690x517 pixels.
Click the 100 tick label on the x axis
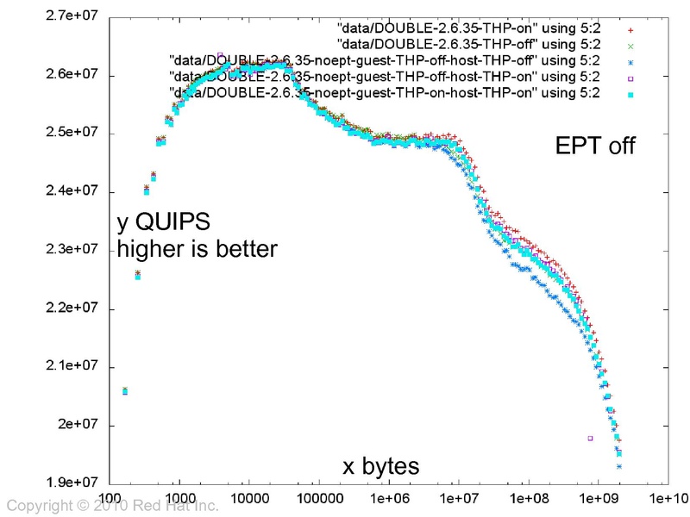pos(110,498)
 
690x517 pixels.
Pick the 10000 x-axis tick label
pos(248,498)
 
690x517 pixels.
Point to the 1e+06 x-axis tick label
pos(389,498)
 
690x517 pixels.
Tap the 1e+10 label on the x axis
pos(668,498)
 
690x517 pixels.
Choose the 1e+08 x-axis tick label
pos(529,498)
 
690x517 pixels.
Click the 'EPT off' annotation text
pos(594,146)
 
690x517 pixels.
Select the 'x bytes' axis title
pos(381,467)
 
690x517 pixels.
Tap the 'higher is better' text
pos(197,250)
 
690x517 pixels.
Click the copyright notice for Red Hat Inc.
pos(113,506)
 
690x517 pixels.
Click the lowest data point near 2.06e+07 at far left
pos(125,391)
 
